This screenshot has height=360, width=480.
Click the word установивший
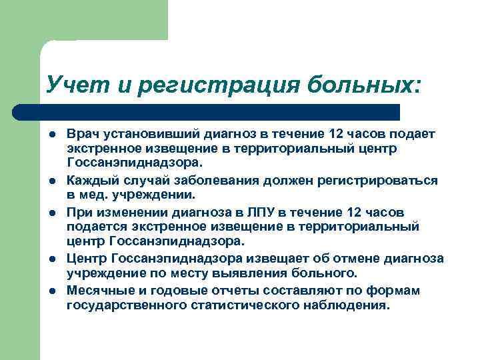pyautogui.click(x=137, y=135)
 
